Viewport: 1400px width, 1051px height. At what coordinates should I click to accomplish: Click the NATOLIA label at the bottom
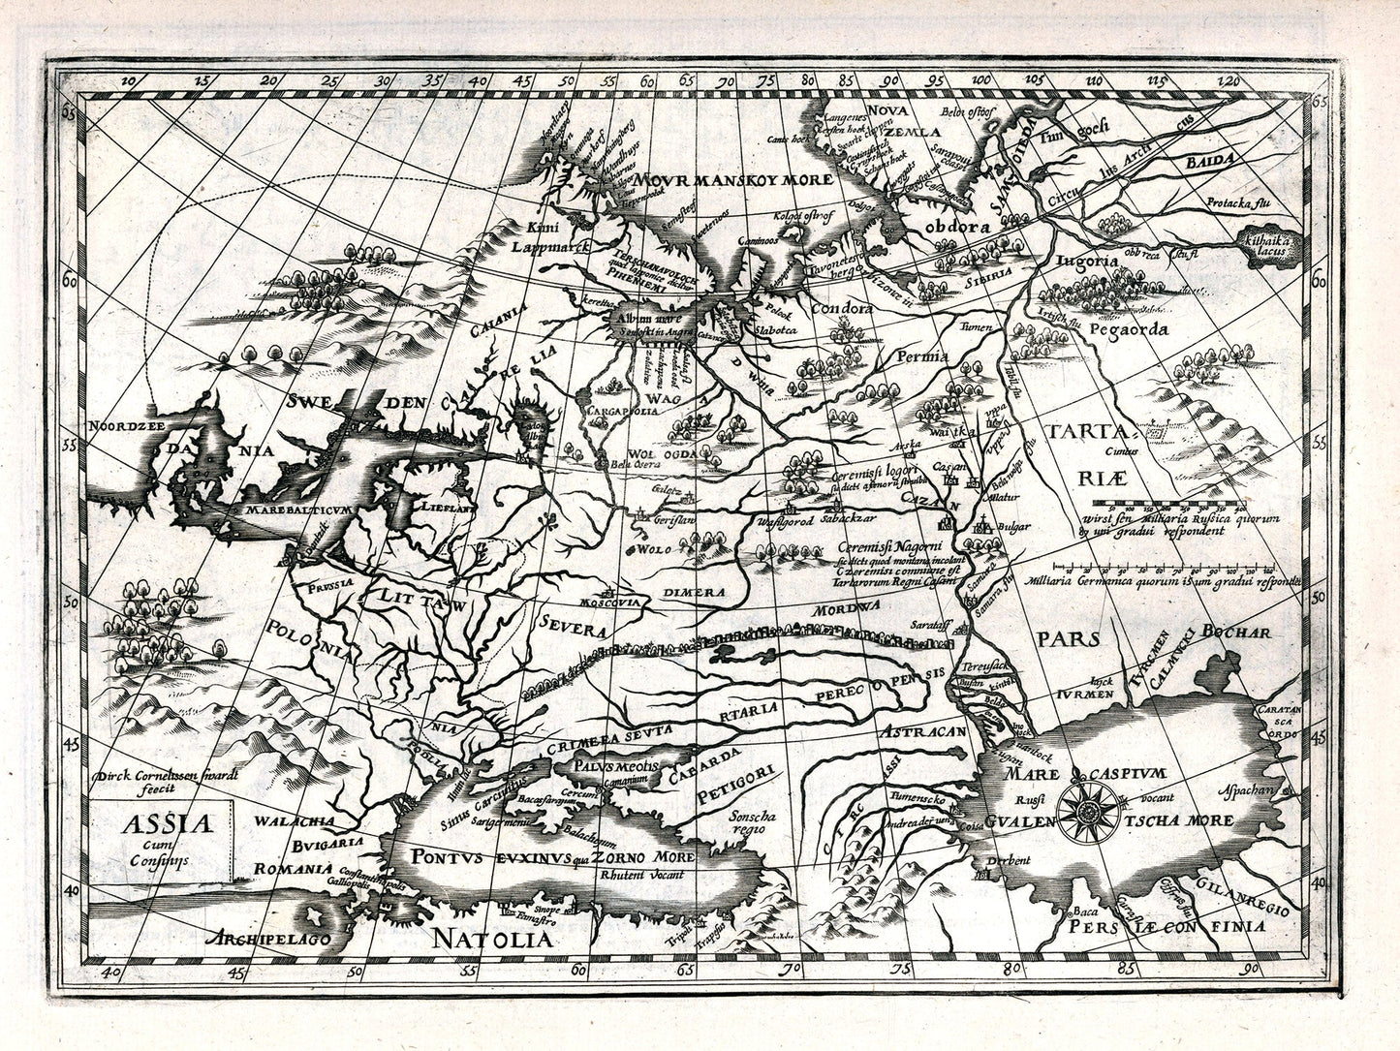491,939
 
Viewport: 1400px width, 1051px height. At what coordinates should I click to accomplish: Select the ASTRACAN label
923,733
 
